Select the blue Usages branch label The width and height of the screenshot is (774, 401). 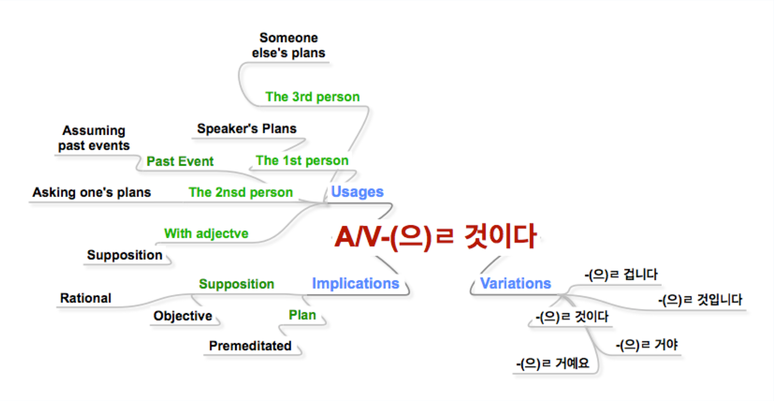(x=357, y=192)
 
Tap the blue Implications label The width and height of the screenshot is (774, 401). (x=356, y=283)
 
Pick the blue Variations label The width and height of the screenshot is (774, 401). (x=515, y=283)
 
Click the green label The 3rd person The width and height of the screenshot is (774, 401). (x=313, y=97)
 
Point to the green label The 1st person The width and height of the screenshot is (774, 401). (x=302, y=161)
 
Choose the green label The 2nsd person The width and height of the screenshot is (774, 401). (x=241, y=192)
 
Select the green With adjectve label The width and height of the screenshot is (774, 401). (x=207, y=233)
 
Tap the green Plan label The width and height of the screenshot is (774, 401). (x=302, y=315)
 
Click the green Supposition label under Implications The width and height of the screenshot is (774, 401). (x=237, y=284)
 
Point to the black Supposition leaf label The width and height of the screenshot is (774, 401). (x=125, y=255)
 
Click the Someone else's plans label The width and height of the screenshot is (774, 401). (x=289, y=45)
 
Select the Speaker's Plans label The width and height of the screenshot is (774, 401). (x=247, y=129)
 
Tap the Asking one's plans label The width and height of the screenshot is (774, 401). (x=92, y=192)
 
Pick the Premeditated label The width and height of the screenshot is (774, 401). (x=250, y=346)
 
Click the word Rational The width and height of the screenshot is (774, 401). (x=86, y=298)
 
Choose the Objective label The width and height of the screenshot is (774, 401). (x=183, y=316)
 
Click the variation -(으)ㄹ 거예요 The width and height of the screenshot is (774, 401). (x=552, y=363)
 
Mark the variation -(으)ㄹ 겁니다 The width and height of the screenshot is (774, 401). (x=621, y=274)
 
